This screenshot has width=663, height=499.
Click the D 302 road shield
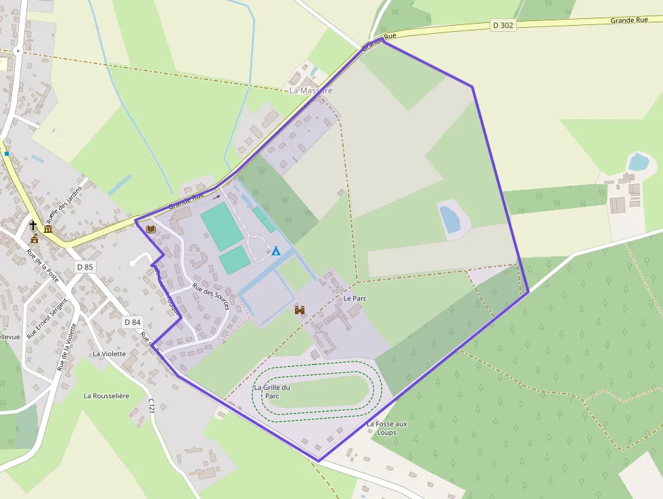503,25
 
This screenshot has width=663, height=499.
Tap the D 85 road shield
85,267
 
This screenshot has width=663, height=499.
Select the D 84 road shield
132,322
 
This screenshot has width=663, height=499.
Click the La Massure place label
311,90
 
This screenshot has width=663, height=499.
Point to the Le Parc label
355,298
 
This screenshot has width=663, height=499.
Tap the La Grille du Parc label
272,392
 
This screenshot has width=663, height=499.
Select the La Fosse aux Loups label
387,428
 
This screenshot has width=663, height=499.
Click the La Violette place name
109,353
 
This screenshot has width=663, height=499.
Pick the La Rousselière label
106,395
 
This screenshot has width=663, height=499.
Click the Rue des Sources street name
211,297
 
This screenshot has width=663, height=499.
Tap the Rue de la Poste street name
43,265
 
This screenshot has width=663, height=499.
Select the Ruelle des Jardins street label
65,204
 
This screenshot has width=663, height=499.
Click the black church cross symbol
33,225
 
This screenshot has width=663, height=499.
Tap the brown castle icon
300,309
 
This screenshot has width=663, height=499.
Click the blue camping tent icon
276,251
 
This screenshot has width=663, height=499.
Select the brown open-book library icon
150,230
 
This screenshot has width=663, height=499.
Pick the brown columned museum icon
48,230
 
